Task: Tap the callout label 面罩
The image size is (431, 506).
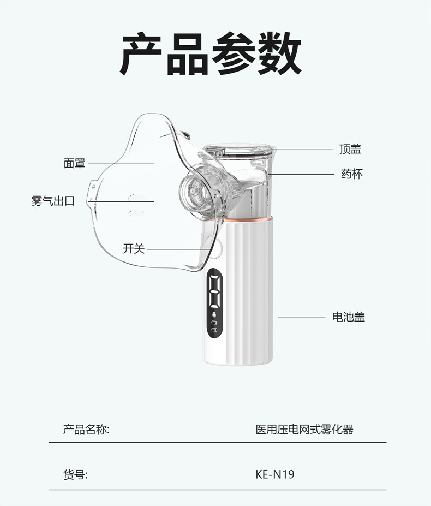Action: (74, 163)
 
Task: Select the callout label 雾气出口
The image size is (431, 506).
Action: (52, 201)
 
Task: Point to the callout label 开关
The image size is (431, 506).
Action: (134, 249)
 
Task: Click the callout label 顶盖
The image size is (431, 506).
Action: (350, 149)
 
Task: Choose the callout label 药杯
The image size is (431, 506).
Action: (351, 174)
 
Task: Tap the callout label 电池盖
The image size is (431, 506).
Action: (348, 317)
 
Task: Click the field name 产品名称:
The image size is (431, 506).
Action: (86, 430)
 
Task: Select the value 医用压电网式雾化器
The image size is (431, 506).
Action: (304, 430)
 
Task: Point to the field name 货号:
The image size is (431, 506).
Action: (75, 474)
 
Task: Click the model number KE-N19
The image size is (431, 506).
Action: (275, 474)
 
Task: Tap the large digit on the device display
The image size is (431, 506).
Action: (214, 291)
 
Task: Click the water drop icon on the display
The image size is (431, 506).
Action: (214, 315)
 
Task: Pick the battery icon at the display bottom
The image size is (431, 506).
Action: (214, 330)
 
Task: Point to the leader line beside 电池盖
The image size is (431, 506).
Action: (301, 317)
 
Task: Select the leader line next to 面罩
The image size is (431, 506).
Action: (121, 163)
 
